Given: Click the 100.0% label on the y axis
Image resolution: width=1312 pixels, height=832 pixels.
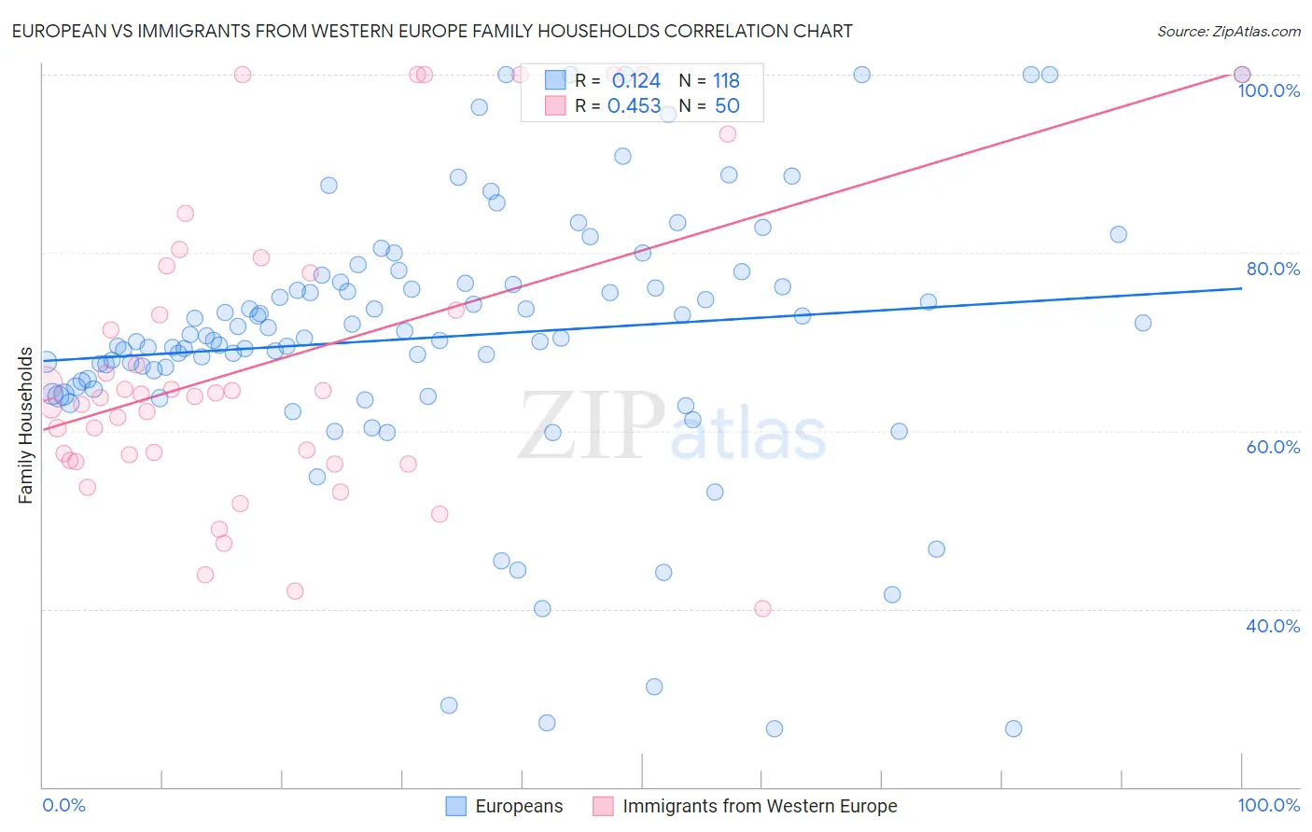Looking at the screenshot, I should (1268, 90).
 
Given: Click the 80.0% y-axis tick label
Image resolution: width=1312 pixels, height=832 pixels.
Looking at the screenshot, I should (1273, 269).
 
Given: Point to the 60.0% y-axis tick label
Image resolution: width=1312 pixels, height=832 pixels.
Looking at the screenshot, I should (1273, 447).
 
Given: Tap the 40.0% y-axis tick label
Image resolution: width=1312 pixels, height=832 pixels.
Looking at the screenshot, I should (1273, 626).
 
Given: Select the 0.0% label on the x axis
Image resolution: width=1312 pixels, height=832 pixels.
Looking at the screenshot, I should (63, 805).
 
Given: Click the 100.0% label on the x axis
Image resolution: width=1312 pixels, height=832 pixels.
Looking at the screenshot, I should (1268, 805).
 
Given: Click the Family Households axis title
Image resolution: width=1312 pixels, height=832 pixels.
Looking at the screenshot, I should (26, 425).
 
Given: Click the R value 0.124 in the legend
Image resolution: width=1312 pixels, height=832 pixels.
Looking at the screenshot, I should (635, 81).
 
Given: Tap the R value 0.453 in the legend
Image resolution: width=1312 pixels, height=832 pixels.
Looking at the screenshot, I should (634, 106).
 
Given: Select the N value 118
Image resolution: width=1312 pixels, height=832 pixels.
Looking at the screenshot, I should (726, 81).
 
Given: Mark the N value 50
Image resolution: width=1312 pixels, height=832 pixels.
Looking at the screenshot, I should (727, 106).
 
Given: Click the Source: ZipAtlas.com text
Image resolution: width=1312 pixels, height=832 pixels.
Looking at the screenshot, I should (1228, 32).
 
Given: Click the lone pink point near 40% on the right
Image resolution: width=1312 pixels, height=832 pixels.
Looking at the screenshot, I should (762, 608).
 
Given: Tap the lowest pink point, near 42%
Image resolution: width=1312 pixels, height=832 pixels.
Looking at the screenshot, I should (295, 590).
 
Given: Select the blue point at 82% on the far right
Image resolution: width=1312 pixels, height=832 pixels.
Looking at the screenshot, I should (1118, 234).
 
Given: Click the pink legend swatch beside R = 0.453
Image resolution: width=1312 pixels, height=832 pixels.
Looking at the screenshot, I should (555, 105).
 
